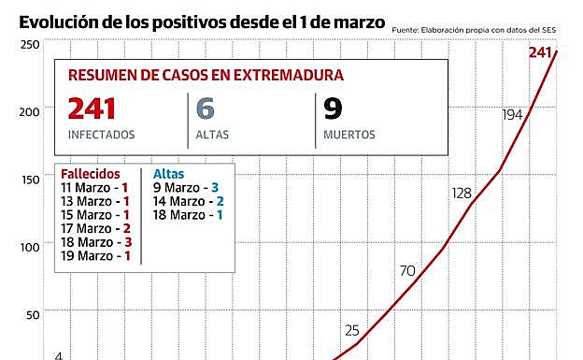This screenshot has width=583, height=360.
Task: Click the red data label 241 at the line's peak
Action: [540, 52]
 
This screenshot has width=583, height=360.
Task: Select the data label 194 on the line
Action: [511, 114]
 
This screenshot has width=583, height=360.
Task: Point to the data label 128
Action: [462, 193]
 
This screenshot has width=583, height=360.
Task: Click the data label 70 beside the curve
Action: [407, 271]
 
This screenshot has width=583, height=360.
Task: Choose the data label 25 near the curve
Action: [352, 329]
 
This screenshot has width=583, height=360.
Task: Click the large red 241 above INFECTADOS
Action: [92, 109]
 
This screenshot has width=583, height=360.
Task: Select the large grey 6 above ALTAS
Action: [206, 109]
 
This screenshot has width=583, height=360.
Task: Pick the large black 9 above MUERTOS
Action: [333, 109]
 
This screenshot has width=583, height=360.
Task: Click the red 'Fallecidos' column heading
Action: [90, 174]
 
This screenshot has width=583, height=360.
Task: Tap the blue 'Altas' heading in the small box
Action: [168, 174]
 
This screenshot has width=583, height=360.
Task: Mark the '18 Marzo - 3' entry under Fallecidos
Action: [94, 241]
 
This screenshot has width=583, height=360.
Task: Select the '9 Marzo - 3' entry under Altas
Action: [185, 187]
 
